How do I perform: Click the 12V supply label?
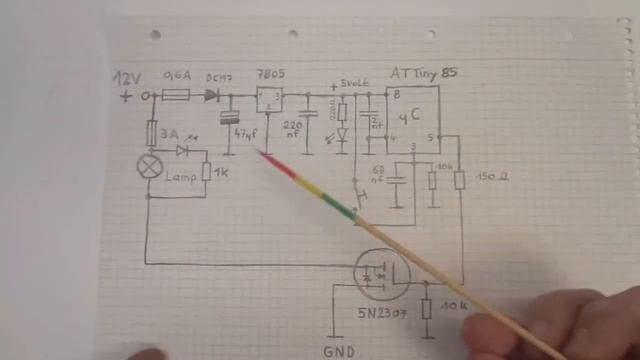129,78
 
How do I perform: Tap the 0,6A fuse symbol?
178,96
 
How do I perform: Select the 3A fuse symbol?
151,133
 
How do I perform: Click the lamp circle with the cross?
150,167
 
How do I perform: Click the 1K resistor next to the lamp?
207,171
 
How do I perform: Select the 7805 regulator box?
268,99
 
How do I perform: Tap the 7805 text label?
268,77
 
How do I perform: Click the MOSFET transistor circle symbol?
381,272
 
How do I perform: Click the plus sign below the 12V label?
126,97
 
